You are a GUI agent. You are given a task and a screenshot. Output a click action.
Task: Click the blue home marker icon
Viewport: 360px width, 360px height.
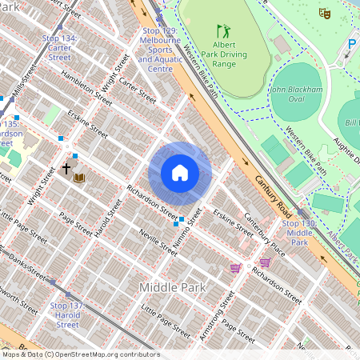(x=180, y=173)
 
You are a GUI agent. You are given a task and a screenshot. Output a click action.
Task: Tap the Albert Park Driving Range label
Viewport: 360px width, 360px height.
(x=223, y=54)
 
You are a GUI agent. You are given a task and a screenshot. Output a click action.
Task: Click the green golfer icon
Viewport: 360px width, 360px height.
(x=223, y=31)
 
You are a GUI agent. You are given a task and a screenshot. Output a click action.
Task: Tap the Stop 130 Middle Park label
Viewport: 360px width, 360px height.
(x=299, y=232)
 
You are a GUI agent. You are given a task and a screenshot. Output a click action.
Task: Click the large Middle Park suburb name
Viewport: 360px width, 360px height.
(x=172, y=286)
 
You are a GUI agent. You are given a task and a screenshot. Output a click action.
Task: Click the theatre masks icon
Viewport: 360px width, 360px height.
(x=324, y=14)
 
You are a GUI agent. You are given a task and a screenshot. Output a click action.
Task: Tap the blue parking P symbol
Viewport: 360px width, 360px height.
(x=352, y=43)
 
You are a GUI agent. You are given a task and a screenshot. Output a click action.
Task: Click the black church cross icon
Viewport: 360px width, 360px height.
(x=66, y=169)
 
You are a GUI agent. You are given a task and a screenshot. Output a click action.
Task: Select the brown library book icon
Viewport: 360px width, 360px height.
(x=78, y=176)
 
